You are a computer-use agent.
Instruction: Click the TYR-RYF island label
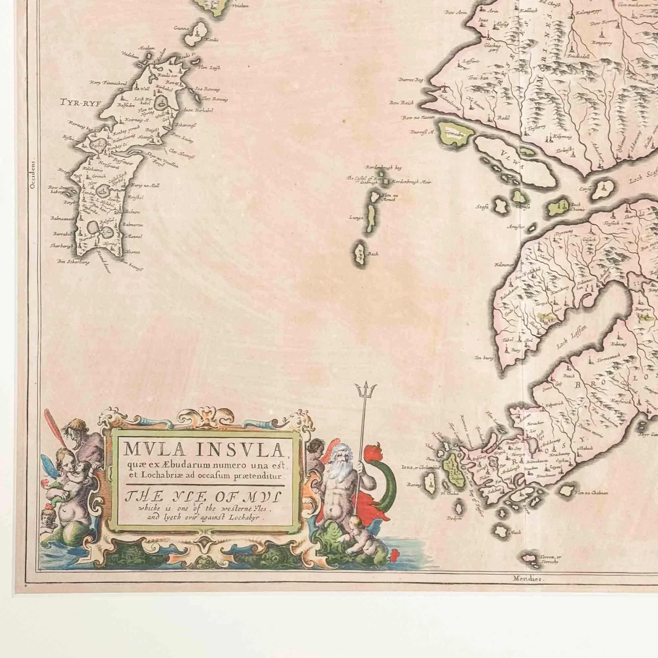[x=81, y=102]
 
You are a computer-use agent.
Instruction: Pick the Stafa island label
[x=483, y=206]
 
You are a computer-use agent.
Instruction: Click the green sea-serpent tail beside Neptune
[x=388, y=477]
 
